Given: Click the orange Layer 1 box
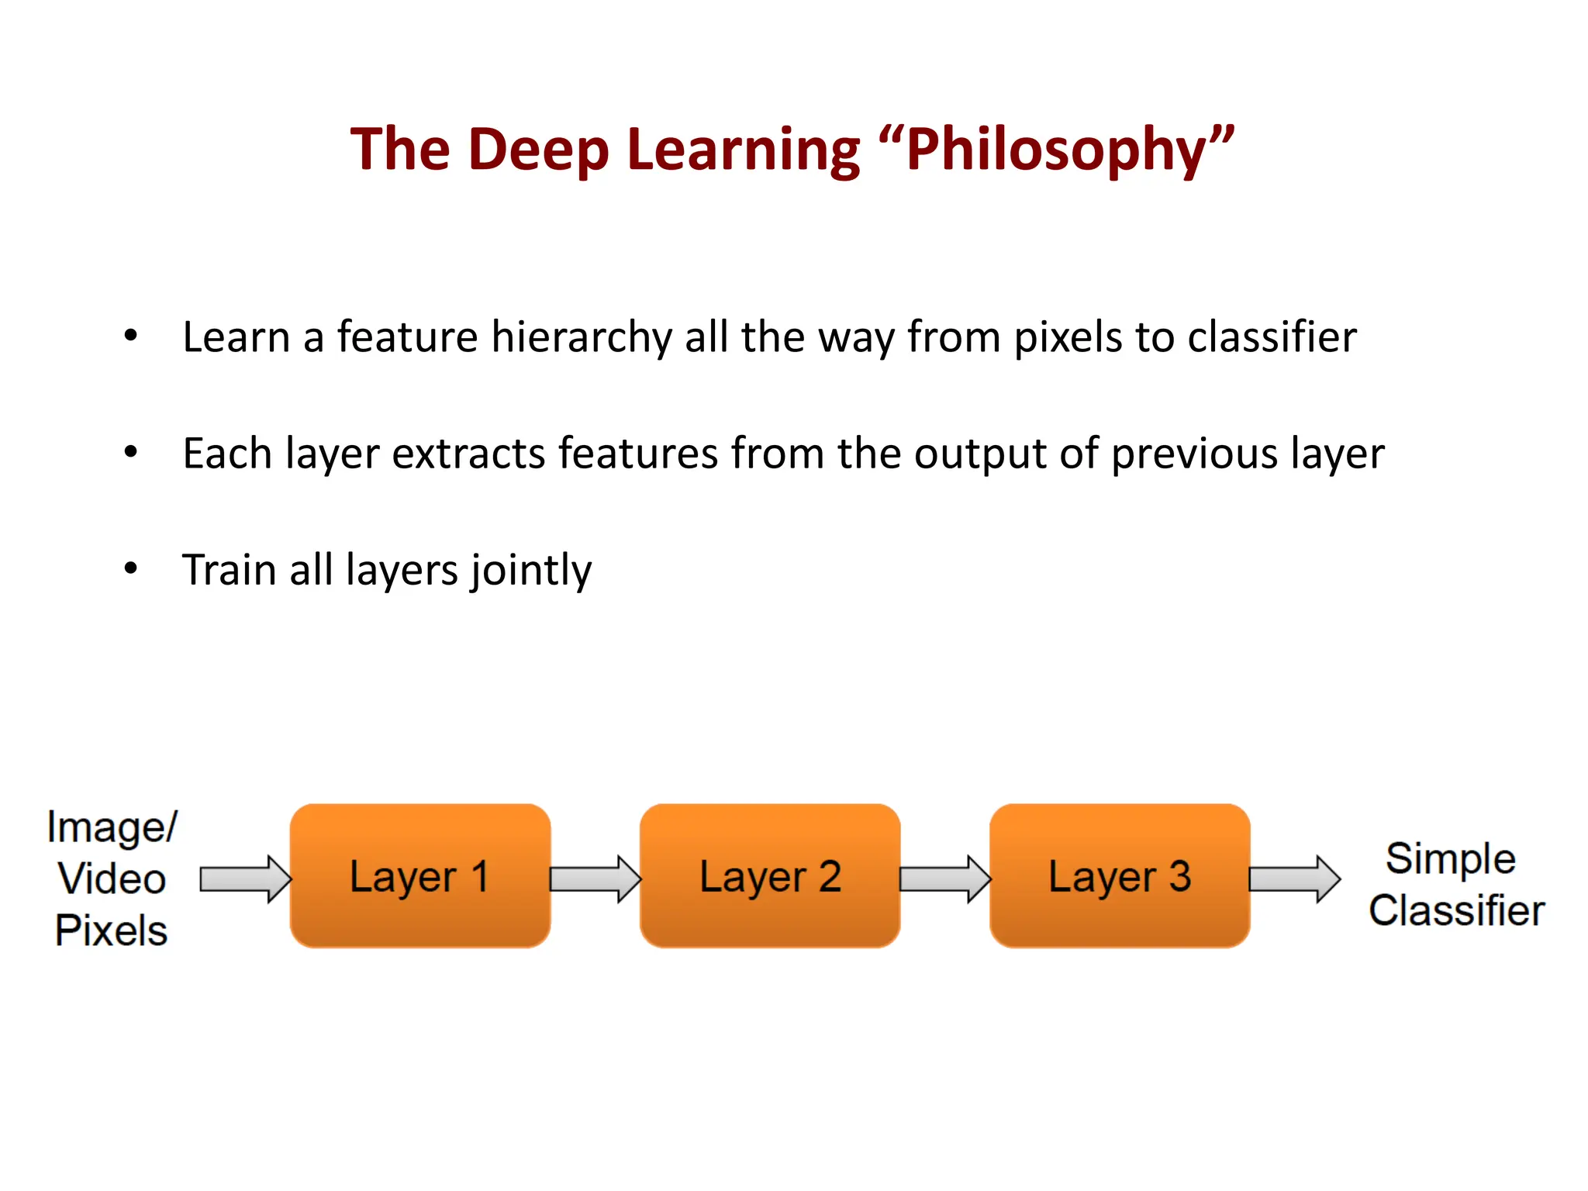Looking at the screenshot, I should pos(419,876).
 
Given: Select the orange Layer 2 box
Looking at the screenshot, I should pos(769,876).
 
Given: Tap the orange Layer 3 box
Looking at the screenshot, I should pos(1119,876).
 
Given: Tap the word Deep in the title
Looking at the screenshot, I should pos(539,149).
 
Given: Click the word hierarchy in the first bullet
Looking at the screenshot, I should pos(582,338).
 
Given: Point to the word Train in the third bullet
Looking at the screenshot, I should pos(229,570).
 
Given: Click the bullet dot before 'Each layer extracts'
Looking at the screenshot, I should pos(130,452).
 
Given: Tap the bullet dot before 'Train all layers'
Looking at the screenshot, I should pos(130,568).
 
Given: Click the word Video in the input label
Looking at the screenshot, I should pos(112,879).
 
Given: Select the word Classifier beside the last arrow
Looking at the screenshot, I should pos(1456,910).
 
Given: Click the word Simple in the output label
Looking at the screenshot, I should pos(1450,858).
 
